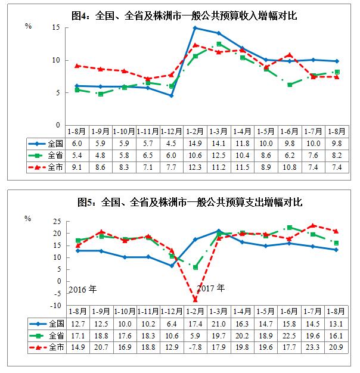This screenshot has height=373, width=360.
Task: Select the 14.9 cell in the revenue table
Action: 195,144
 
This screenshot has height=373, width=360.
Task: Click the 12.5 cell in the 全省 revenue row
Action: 219,156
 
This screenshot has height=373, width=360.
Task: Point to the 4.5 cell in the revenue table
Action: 171,144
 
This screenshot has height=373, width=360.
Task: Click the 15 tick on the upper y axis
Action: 56,27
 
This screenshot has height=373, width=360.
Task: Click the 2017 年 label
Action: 211,288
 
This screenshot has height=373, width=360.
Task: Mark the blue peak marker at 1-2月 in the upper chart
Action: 195,28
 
